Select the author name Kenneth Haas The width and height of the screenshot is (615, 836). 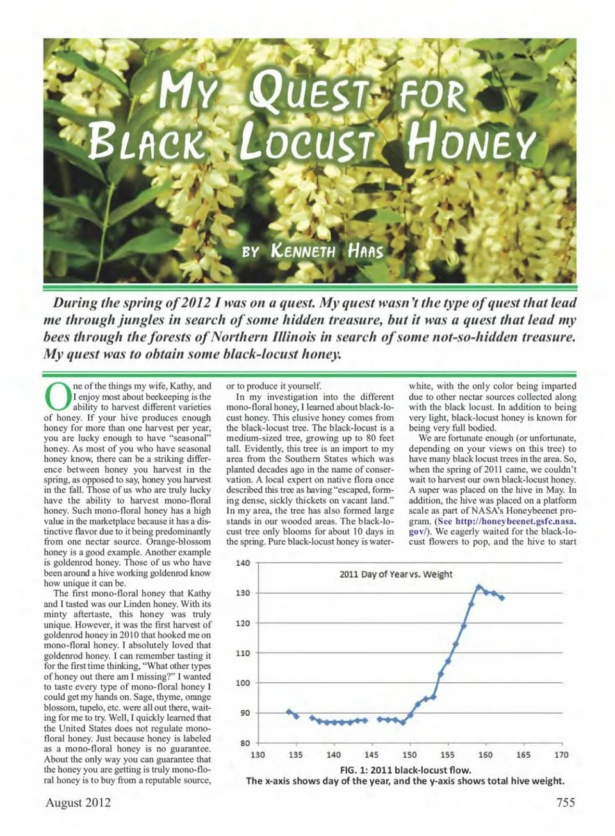tap(327, 250)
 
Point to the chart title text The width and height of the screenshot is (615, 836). tap(395, 574)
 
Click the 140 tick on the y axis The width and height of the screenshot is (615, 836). tap(243, 563)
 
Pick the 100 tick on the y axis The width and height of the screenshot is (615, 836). tap(243, 683)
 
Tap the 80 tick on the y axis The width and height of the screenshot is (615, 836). tap(245, 743)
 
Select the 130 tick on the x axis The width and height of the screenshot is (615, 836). tap(258, 755)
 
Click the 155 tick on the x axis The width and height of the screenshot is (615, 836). tap(447, 755)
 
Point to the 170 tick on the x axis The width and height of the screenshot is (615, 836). tap(561, 755)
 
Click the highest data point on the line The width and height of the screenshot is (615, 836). tap(479, 587)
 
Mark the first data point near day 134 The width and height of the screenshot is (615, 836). tap(289, 712)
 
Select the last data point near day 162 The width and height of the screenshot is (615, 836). tap(502, 598)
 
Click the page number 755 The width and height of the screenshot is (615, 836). tap(566, 802)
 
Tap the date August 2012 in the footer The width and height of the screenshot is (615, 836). tap(78, 802)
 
